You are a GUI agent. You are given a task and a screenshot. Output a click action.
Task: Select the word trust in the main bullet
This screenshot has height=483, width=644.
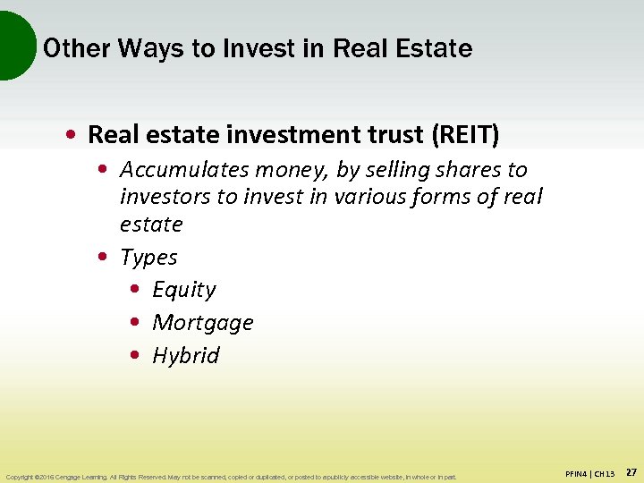pyautogui.click(x=396, y=135)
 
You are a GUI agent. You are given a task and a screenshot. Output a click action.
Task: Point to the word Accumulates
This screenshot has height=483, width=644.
pyautogui.click(x=184, y=169)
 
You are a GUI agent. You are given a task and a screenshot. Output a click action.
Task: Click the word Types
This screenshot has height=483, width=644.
pyautogui.click(x=148, y=258)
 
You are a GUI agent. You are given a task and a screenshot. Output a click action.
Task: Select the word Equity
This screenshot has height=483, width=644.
pyautogui.click(x=184, y=291)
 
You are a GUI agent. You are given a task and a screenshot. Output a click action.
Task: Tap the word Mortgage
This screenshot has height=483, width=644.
pyautogui.click(x=203, y=323)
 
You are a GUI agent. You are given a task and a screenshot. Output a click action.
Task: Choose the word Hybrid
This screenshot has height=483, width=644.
pyautogui.click(x=186, y=356)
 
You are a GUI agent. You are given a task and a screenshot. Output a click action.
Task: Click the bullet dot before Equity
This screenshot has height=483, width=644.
pyautogui.click(x=134, y=291)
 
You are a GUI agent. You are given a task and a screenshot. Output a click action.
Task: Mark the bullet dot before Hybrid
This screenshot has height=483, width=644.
pyautogui.click(x=134, y=356)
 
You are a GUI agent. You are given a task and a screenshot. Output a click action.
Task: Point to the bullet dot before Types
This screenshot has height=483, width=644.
pyautogui.click(x=102, y=258)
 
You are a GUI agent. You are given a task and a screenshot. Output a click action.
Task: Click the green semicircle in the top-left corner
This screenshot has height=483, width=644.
pyautogui.click(x=13, y=45)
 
